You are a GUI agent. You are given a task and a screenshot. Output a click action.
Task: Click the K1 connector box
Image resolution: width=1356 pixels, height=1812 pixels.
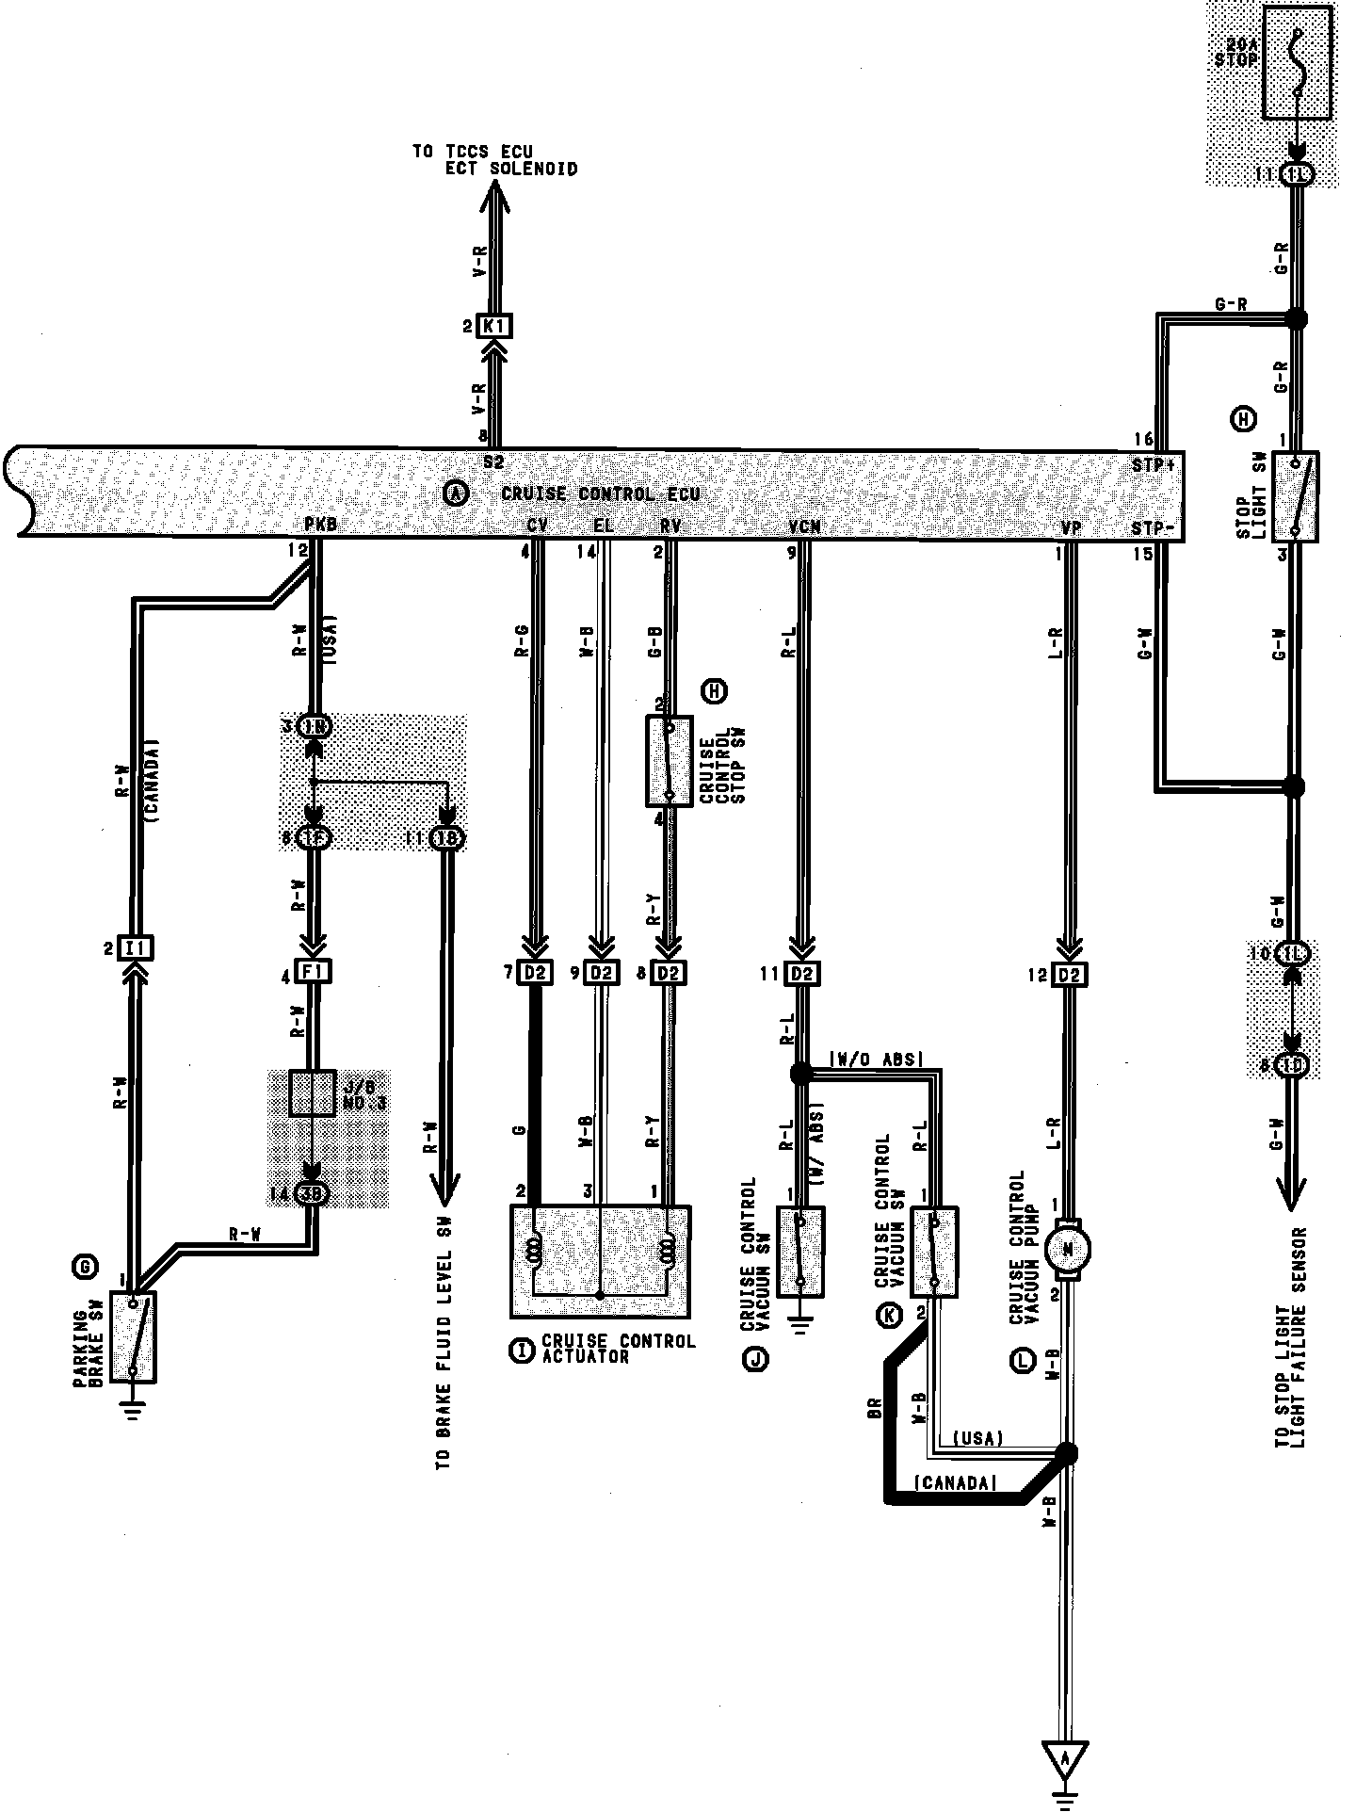(495, 327)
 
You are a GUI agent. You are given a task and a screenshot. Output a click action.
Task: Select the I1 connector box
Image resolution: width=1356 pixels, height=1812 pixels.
(137, 947)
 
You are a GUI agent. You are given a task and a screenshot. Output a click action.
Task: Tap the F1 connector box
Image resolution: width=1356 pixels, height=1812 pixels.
(313, 971)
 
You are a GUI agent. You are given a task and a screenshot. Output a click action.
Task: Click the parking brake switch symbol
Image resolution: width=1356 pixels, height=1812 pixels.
(134, 1336)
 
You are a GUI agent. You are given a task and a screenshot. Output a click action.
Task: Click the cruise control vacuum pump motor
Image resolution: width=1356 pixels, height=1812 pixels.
(1069, 1250)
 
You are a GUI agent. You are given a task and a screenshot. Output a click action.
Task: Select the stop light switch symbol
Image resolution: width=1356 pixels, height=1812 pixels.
(1296, 496)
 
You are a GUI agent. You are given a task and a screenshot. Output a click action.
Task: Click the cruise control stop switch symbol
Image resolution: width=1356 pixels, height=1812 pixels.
(669, 761)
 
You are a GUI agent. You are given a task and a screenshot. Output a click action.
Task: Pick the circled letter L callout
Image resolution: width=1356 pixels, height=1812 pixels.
(1023, 1361)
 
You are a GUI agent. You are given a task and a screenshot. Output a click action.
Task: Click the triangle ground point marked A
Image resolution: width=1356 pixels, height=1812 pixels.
(1065, 1759)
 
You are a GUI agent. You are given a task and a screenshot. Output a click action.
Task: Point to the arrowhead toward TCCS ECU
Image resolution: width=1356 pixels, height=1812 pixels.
(495, 194)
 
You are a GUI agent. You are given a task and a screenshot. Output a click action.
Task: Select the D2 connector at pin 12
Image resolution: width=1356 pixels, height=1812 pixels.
(1069, 974)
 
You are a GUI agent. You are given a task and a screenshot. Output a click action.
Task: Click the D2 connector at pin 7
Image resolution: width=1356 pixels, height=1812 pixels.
(536, 972)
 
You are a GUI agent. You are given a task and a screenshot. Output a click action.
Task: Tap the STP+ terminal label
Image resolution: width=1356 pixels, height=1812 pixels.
(1153, 464)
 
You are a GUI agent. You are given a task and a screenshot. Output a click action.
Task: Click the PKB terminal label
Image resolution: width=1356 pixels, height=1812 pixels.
(320, 524)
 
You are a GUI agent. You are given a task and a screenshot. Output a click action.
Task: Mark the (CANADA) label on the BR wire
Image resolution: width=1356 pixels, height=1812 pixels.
(954, 1484)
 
